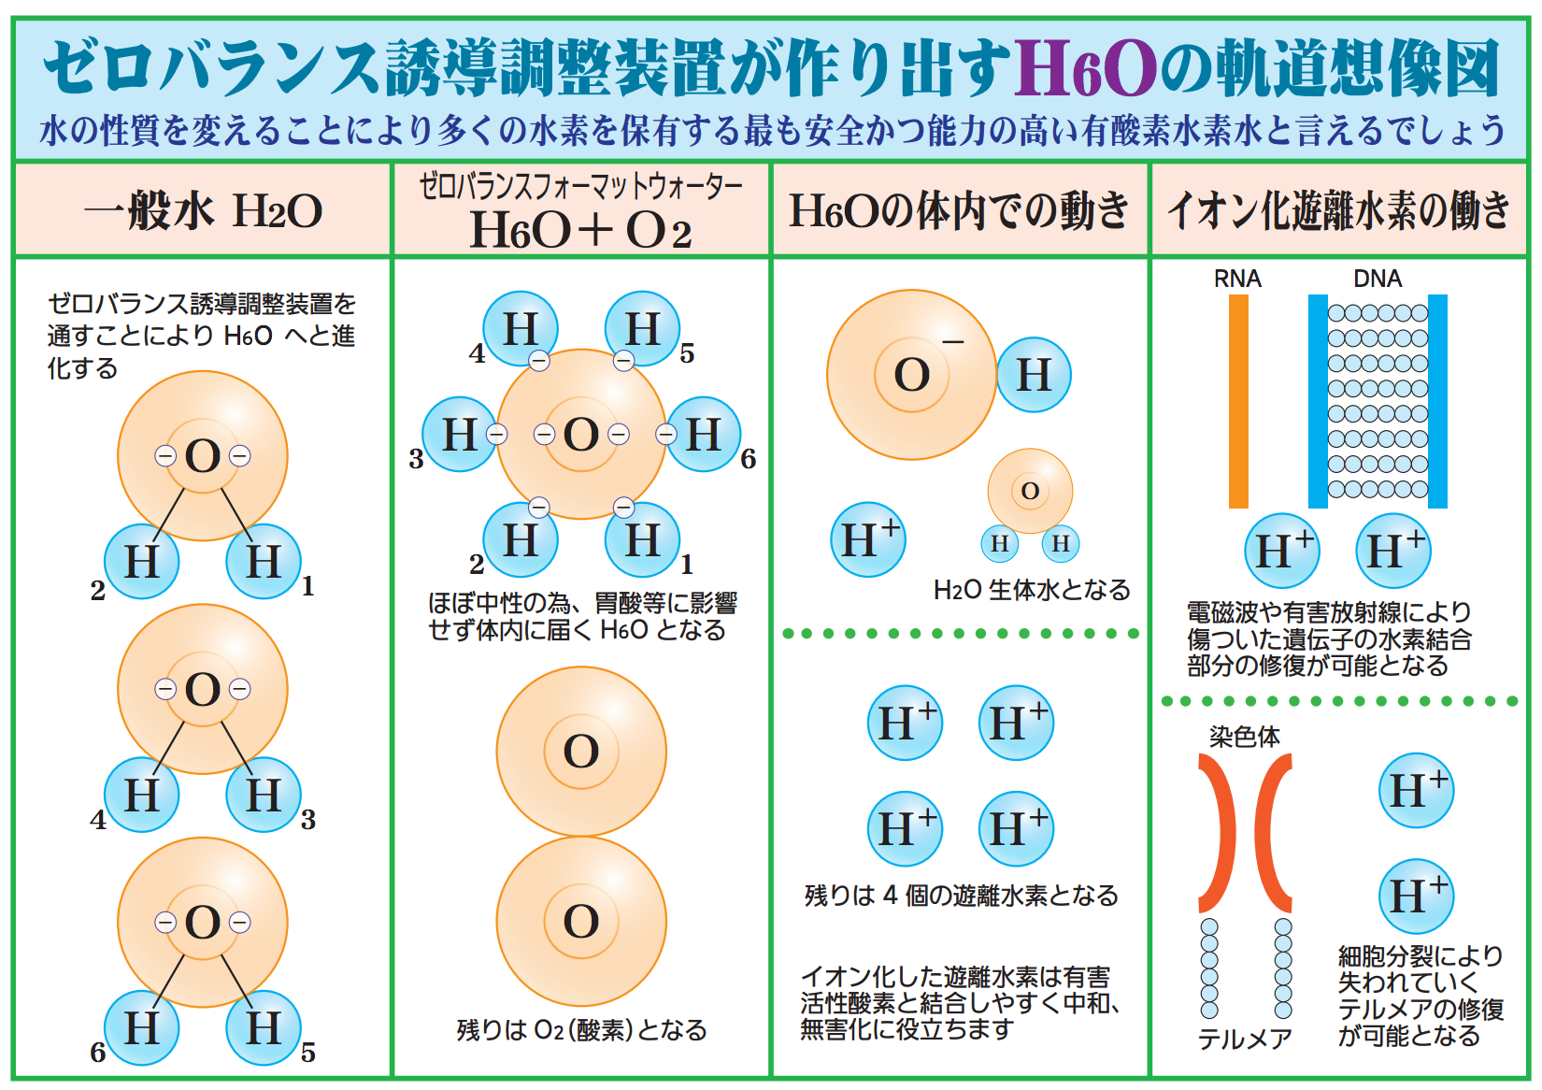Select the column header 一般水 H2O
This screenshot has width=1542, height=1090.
point(204,210)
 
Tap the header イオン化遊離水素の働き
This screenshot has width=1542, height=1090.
point(1338,210)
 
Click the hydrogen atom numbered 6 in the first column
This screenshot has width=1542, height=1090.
point(142,1027)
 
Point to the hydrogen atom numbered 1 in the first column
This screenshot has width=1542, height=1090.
point(264,561)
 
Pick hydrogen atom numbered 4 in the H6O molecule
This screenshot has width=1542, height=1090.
point(521,329)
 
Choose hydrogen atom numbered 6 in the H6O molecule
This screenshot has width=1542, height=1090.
point(704,435)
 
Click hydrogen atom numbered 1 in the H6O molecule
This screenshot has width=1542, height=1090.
point(642,540)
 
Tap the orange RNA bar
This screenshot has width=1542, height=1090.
point(1238,401)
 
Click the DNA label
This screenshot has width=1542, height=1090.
point(1377,279)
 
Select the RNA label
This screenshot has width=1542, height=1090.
point(1237,279)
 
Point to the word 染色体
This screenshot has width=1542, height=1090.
point(1244,737)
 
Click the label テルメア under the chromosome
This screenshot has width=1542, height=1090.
point(1245,1039)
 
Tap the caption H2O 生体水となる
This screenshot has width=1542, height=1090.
point(1032,590)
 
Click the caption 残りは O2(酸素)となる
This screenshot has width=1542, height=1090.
point(581,1030)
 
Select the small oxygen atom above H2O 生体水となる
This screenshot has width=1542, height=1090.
point(1030,491)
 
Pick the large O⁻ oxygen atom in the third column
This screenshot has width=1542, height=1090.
point(911,375)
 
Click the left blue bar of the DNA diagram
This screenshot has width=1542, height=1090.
point(1318,401)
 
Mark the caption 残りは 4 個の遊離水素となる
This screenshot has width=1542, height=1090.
point(961,896)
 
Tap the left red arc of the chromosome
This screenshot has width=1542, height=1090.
point(1219,832)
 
